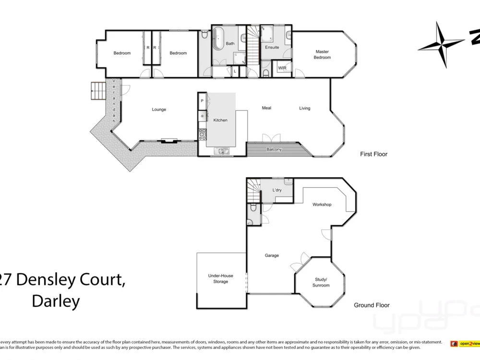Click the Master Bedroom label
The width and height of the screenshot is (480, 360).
(x=322, y=54)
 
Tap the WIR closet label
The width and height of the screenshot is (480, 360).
(x=283, y=68)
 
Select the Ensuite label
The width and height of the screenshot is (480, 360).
(x=272, y=47)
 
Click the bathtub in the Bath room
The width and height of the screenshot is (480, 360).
(x=218, y=38)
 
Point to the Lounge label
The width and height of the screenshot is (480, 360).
(x=159, y=109)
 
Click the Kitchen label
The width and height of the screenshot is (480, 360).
(x=220, y=120)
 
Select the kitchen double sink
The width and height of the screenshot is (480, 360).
(x=224, y=151)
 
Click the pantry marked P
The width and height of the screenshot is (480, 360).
(x=202, y=101)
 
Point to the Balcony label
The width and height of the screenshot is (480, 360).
(x=274, y=149)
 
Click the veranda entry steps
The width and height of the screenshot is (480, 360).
(x=97, y=90)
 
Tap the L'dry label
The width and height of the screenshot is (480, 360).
(x=277, y=191)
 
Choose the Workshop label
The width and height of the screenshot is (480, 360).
(x=322, y=204)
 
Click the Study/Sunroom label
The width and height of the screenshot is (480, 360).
(x=321, y=282)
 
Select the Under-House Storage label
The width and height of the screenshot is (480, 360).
(x=221, y=278)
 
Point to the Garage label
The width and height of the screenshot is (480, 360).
(x=272, y=255)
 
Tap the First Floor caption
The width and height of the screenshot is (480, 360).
(x=373, y=154)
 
